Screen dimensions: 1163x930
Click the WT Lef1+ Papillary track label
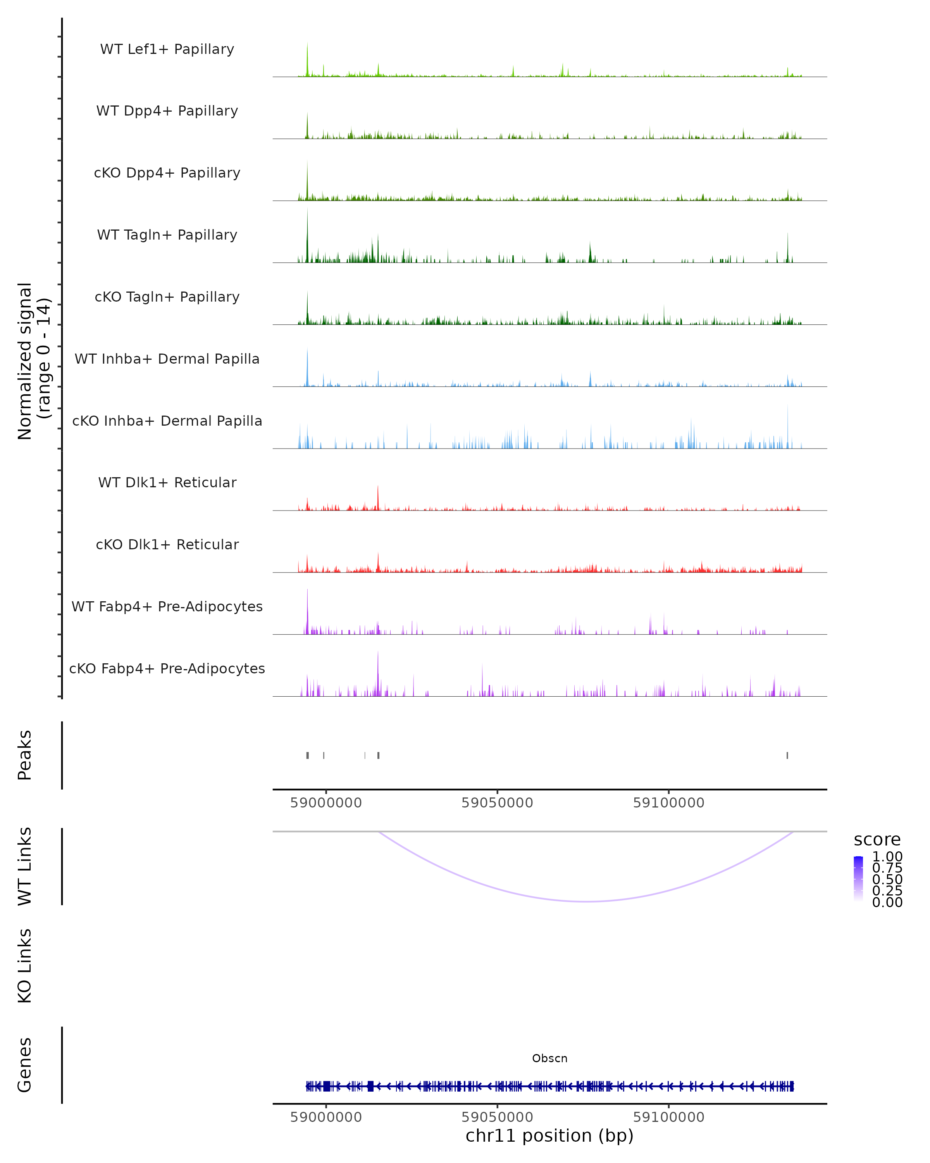[167, 49]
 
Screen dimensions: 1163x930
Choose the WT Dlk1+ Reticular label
[167, 482]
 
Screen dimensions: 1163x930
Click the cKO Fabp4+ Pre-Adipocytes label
[167, 668]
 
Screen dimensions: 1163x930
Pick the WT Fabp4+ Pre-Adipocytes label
[167, 606]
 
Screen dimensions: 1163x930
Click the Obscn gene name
[549, 1058]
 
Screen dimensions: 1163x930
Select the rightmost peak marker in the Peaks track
[787, 755]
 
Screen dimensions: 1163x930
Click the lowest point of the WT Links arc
[586, 901]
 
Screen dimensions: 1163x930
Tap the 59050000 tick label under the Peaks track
[497, 803]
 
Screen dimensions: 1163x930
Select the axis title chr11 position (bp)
[549, 1136]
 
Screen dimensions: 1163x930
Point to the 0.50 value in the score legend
[887, 879]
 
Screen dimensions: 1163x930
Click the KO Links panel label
[25, 966]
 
